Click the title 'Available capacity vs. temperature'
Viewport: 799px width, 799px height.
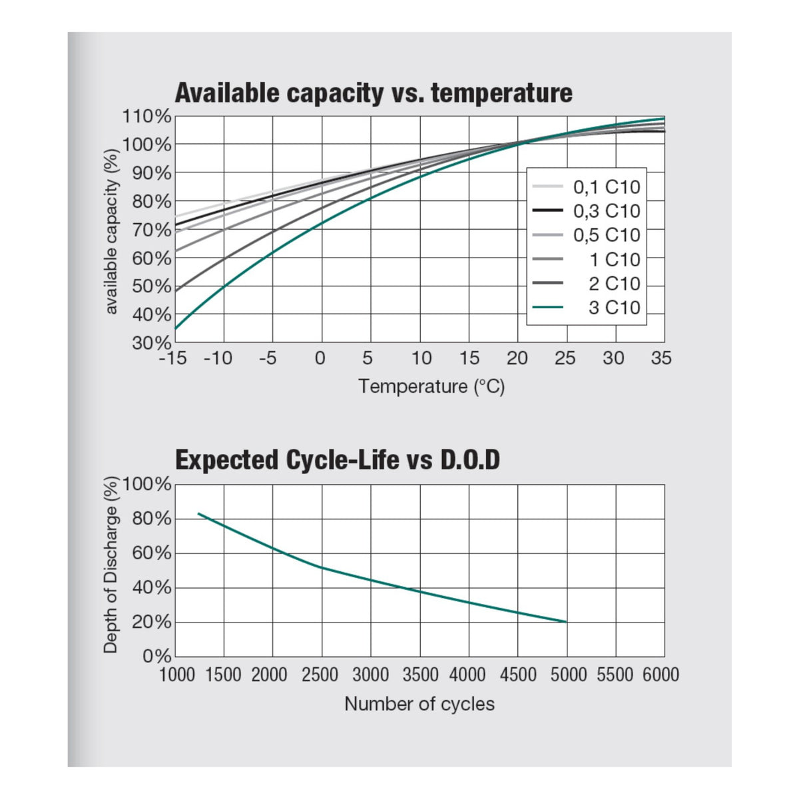coord(374,93)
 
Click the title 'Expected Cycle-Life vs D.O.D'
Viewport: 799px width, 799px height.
coord(338,460)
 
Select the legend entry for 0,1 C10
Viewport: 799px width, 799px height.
coord(587,187)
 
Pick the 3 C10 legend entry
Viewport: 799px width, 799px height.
coord(587,308)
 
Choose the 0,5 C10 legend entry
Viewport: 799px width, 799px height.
coord(587,235)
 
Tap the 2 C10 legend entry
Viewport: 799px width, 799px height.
coord(587,284)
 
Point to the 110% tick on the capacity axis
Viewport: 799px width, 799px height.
coord(146,117)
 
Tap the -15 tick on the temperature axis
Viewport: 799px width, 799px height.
coord(173,358)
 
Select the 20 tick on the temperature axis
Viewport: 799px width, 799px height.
coord(517,358)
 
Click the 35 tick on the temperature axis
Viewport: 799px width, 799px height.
coord(661,358)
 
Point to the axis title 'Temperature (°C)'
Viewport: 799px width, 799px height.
coord(431,387)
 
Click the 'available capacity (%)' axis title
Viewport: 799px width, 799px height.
coord(112,231)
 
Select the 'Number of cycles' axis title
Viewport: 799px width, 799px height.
coord(419,704)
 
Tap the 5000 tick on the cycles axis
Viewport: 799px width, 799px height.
coord(568,675)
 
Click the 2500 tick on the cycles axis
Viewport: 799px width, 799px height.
coord(320,675)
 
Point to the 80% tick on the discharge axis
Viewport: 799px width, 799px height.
coord(151,519)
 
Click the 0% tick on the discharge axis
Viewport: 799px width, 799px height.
coord(156,657)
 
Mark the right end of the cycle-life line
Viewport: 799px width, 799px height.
coord(567,622)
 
